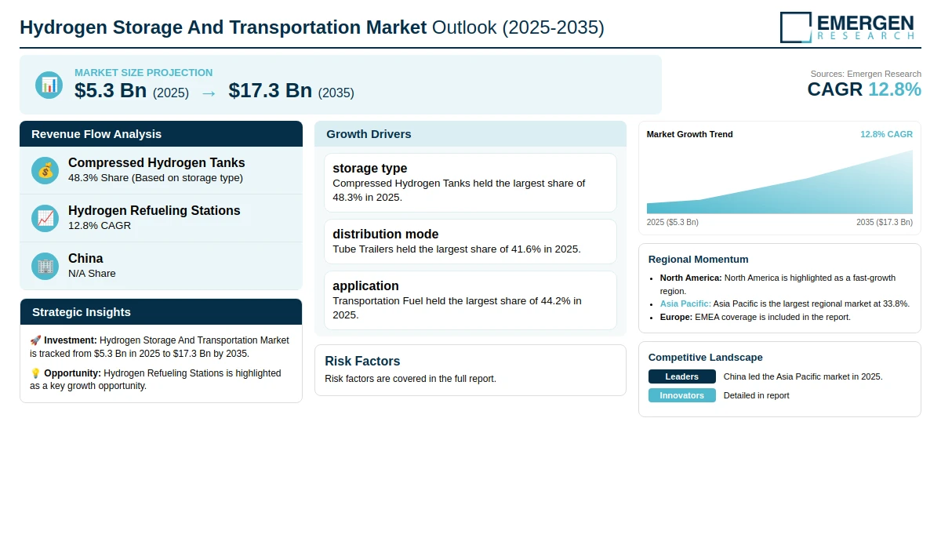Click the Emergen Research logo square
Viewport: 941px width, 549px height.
[796, 27]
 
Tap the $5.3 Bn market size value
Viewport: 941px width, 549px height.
[111, 90]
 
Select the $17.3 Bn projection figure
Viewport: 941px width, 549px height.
[270, 90]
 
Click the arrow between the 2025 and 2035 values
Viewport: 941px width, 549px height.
[209, 93]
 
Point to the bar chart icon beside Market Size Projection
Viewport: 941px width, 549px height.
[49, 85]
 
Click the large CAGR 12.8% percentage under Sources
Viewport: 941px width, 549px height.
[895, 89]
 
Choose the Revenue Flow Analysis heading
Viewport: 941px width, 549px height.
[96, 134]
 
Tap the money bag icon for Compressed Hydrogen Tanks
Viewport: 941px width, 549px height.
[45, 170]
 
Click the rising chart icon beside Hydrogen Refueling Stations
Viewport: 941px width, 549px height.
[45, 219]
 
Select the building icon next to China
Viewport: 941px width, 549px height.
[45, 267]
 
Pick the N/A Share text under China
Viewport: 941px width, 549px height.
[92, 274]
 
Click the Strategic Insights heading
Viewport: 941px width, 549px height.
[81, 312]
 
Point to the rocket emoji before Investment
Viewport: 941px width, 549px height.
[35, 340]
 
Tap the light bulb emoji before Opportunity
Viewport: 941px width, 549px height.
[35, 373]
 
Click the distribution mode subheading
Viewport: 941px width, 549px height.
[385, 234]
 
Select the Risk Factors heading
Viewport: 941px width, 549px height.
[362, 361]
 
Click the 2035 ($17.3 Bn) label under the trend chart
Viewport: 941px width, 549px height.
[885, 222]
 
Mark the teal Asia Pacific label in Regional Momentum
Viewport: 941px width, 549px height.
[685, 304]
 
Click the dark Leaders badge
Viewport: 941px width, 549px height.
[681, 376]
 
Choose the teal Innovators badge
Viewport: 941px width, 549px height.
[681, 395]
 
